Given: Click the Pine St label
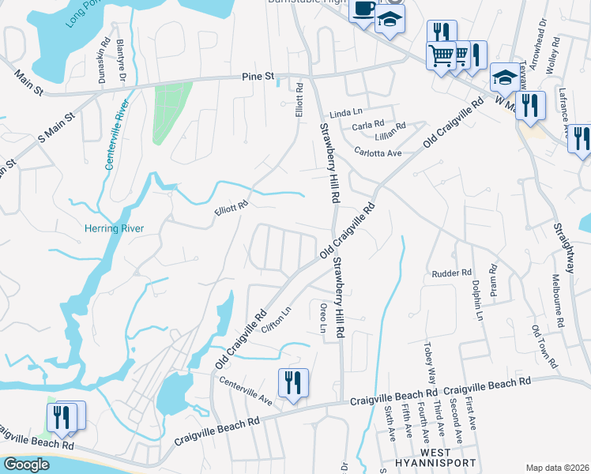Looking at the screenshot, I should (258, 77).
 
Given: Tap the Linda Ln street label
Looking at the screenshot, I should (344, 114).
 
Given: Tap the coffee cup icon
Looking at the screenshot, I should (363, 11).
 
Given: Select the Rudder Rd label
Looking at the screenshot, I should (451, 273).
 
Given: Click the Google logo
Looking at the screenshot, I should (27, 465).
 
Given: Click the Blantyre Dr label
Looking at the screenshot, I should (121, 58).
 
